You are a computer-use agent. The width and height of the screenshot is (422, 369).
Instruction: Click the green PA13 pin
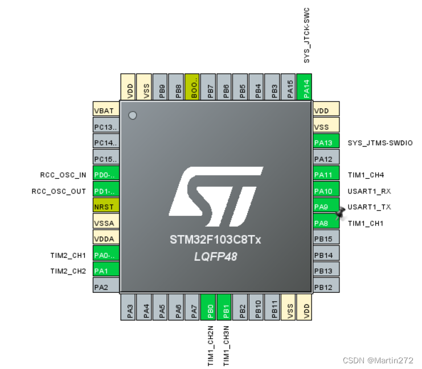pos(326,143)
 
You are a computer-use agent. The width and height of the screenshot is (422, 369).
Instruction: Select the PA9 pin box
pos(325,207)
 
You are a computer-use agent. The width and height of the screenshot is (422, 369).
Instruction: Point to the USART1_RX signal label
pos(370,191)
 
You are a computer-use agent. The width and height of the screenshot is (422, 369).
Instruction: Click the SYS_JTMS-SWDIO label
pos(380,143)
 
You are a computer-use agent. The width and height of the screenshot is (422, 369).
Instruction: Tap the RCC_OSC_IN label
pos(63,175)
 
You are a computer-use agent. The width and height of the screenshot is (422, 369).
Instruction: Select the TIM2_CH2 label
pos(68,271)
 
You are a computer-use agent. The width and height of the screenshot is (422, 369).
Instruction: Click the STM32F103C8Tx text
pos(215,240)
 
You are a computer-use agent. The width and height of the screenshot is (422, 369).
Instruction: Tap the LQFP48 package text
pos(215,256)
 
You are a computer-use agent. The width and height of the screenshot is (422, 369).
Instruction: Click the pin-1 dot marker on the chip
pos(133,116)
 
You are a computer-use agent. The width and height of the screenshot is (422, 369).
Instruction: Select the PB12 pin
pos(326,287)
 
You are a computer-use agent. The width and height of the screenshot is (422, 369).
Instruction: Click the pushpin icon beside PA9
pos(341,212)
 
